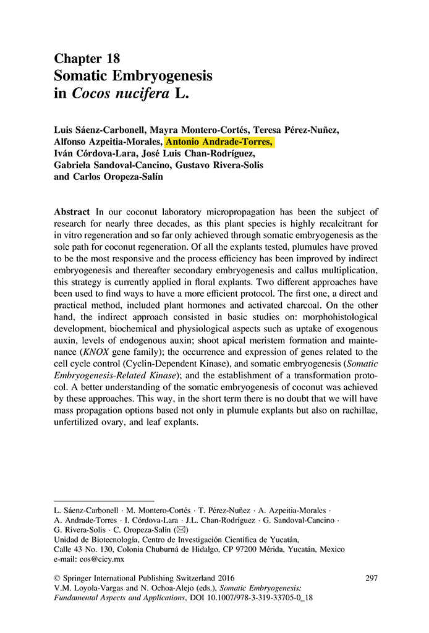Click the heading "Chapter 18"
coord(87,59)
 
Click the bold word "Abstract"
coord(72,212)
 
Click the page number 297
coord(372,579)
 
